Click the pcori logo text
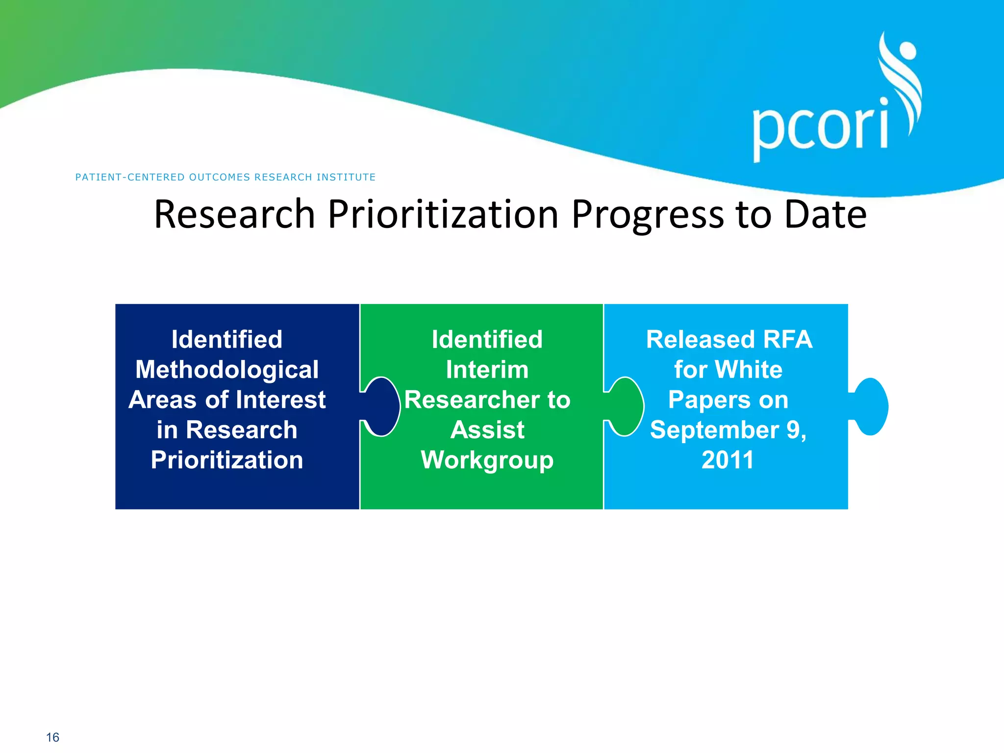point(820,128)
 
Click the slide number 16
point(52,737)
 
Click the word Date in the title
point(825,214)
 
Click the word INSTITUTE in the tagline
point(346,177)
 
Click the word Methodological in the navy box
point(227,370)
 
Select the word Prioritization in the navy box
point(227,460)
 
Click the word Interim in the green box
point(487,370)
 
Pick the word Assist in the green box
point(487,430)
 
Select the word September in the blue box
point(714,430)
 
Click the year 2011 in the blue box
point(728,460)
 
